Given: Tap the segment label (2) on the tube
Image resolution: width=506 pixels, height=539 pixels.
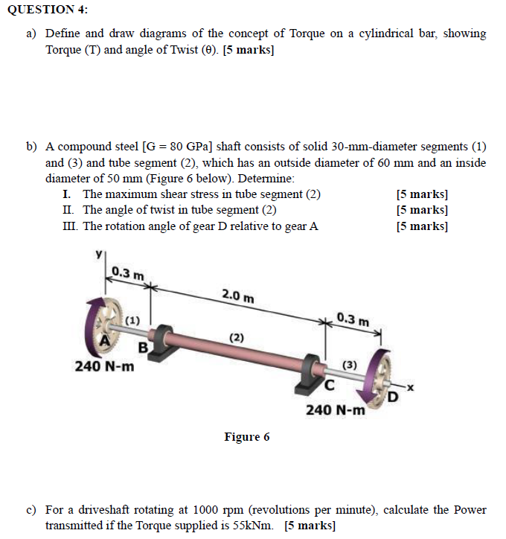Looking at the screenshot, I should coord(236,337).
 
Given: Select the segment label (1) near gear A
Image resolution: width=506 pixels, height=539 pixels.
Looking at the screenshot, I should coord(132,320).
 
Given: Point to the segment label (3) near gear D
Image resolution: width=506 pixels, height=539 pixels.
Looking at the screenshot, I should coord(349,366).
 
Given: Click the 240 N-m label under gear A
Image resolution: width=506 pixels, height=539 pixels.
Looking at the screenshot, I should coord(105,366).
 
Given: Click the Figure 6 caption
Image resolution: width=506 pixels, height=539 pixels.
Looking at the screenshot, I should coord(247,437).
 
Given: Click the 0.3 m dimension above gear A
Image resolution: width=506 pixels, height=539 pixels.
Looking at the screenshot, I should coord(128,273).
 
